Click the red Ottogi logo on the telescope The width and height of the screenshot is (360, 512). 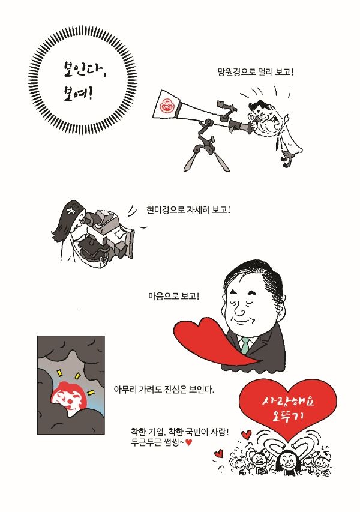167,105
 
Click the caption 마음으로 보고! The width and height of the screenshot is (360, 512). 173,296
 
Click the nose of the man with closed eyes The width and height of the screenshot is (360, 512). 240,310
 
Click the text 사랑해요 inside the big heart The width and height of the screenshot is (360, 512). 287,402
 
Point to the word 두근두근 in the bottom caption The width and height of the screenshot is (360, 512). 146,443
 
